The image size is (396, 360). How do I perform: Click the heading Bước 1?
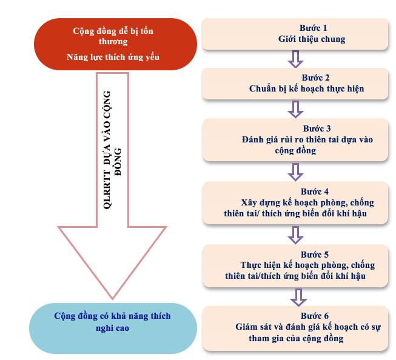pyautogui.click(x=313, y=28)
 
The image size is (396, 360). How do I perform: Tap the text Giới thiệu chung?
pyautogui.click(x=312, y=39)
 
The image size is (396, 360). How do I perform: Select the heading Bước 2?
pyautogui.click(x=315, y=78)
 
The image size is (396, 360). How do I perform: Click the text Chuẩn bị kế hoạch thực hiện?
pyautogui.click(x=307, y=88)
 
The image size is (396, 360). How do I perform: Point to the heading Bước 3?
pyautogui.click(x=317, y=128)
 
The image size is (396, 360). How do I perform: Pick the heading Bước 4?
pyautogui.click(x=314, y=192)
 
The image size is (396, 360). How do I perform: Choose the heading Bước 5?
pyautogui.click(x=314, y=255)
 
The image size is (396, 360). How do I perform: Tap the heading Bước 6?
pyautogui.click(x=314, y=316)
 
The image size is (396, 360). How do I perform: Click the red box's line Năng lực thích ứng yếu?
pyautogui.click(x=113, y=57)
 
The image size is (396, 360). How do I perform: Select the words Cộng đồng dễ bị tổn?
pyautogui.click(x=113, y=31)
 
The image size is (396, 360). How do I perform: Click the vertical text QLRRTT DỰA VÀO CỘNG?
pyautogui.click(x=107, y=150)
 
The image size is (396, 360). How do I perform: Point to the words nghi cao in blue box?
pyautogui.click(x=112, y=328)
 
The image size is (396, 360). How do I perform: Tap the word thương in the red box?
pyautogui.click(x=113, y=41)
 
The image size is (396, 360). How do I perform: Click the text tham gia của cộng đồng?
pyautogui.click(x=296, y=338)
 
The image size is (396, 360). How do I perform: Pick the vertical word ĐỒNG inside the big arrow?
pyautogui.click(x=118, y=162)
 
